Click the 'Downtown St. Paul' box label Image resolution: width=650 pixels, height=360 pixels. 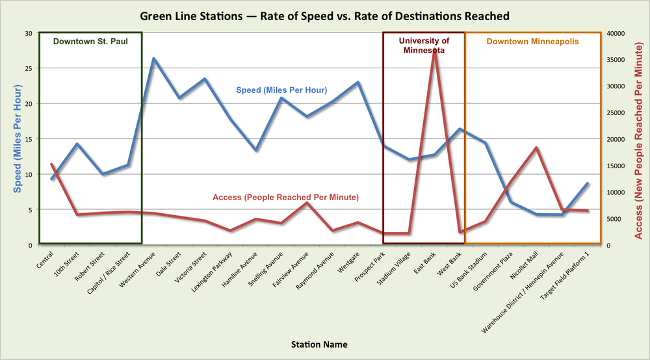click(90, 42)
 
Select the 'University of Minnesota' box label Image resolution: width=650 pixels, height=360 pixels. click(424, 45)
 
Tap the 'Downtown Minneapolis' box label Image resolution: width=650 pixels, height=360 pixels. click(532, 42)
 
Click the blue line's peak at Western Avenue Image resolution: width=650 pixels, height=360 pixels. click(153, 58)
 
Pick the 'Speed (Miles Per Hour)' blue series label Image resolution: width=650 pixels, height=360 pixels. click(281, 90)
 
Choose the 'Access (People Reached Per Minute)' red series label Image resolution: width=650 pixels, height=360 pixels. click(286, 197)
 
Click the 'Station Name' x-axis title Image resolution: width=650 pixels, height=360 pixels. click(319, 344)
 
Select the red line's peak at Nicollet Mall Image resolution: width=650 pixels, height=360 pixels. click(536, 148)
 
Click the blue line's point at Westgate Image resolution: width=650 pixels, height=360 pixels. click(357, 83)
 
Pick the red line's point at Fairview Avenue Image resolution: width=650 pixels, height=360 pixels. click(307, 203)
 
